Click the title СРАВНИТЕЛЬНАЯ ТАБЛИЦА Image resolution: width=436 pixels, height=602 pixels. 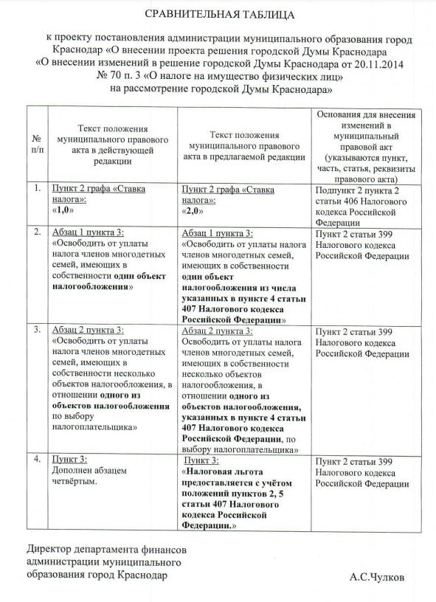218,14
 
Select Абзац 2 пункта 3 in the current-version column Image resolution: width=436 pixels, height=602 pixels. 88,329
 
